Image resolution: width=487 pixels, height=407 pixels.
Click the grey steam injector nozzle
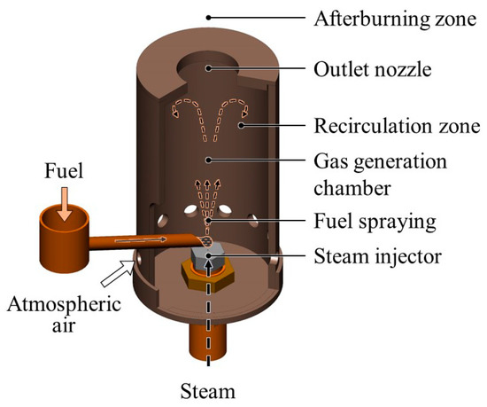209,257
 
